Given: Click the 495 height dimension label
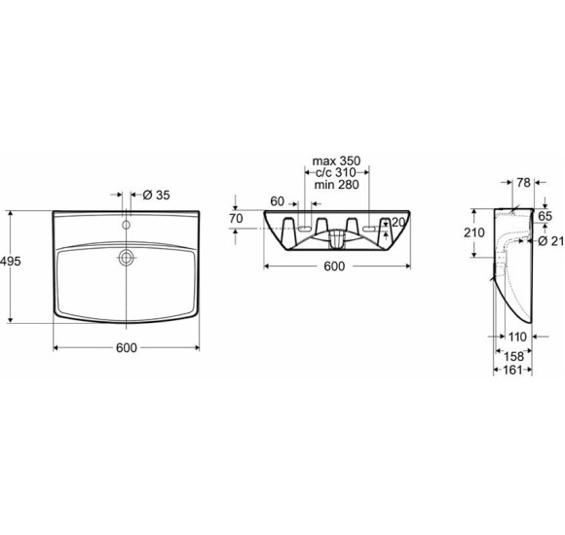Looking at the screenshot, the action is (11, 262).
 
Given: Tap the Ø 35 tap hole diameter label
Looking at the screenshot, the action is (156, 195).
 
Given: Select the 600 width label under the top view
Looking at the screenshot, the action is (127, 347).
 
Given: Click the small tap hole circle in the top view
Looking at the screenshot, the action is (126, 225).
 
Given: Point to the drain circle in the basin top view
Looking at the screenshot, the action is (126, 257).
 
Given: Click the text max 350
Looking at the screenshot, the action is (336, 160).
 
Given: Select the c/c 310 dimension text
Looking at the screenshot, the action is (335, 172).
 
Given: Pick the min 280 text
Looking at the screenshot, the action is (336, 185).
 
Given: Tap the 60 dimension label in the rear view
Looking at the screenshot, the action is (277, 201).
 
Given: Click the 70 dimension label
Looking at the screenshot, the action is (236, 219).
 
